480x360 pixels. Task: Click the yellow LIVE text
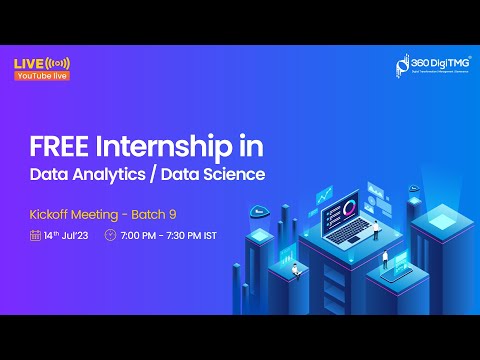(27, 64)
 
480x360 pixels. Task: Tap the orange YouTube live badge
(41, 76)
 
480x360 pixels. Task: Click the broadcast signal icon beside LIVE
(58, 64)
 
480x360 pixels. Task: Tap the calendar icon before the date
(35, 236)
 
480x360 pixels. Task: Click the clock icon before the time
(110, 236)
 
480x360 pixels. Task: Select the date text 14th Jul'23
(68, 236)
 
